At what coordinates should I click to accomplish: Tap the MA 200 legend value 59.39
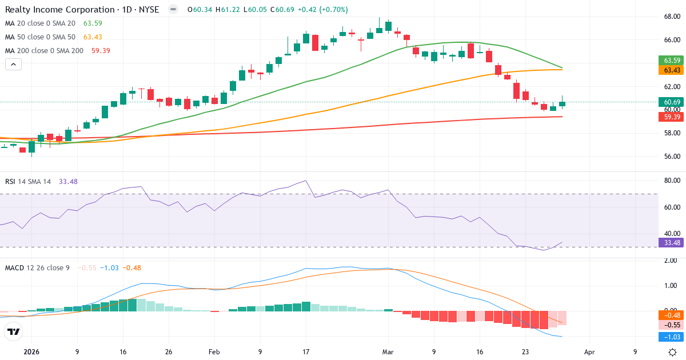point(101,51)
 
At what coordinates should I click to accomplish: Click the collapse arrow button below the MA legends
point(13,65)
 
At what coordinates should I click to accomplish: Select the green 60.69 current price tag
point(671,102)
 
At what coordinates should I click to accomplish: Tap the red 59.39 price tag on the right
point(671,117)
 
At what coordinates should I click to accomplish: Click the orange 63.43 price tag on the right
point(671,70)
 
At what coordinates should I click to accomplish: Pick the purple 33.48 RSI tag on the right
point(671,242)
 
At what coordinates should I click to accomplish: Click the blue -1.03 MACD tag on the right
point(671,337)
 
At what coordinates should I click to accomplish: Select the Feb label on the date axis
point(214,352)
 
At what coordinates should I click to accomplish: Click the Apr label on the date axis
point(589,352)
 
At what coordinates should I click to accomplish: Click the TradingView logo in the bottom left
point(13,331)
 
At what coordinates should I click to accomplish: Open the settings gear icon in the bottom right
point(673,352)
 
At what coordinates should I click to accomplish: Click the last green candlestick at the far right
point(563,104)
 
